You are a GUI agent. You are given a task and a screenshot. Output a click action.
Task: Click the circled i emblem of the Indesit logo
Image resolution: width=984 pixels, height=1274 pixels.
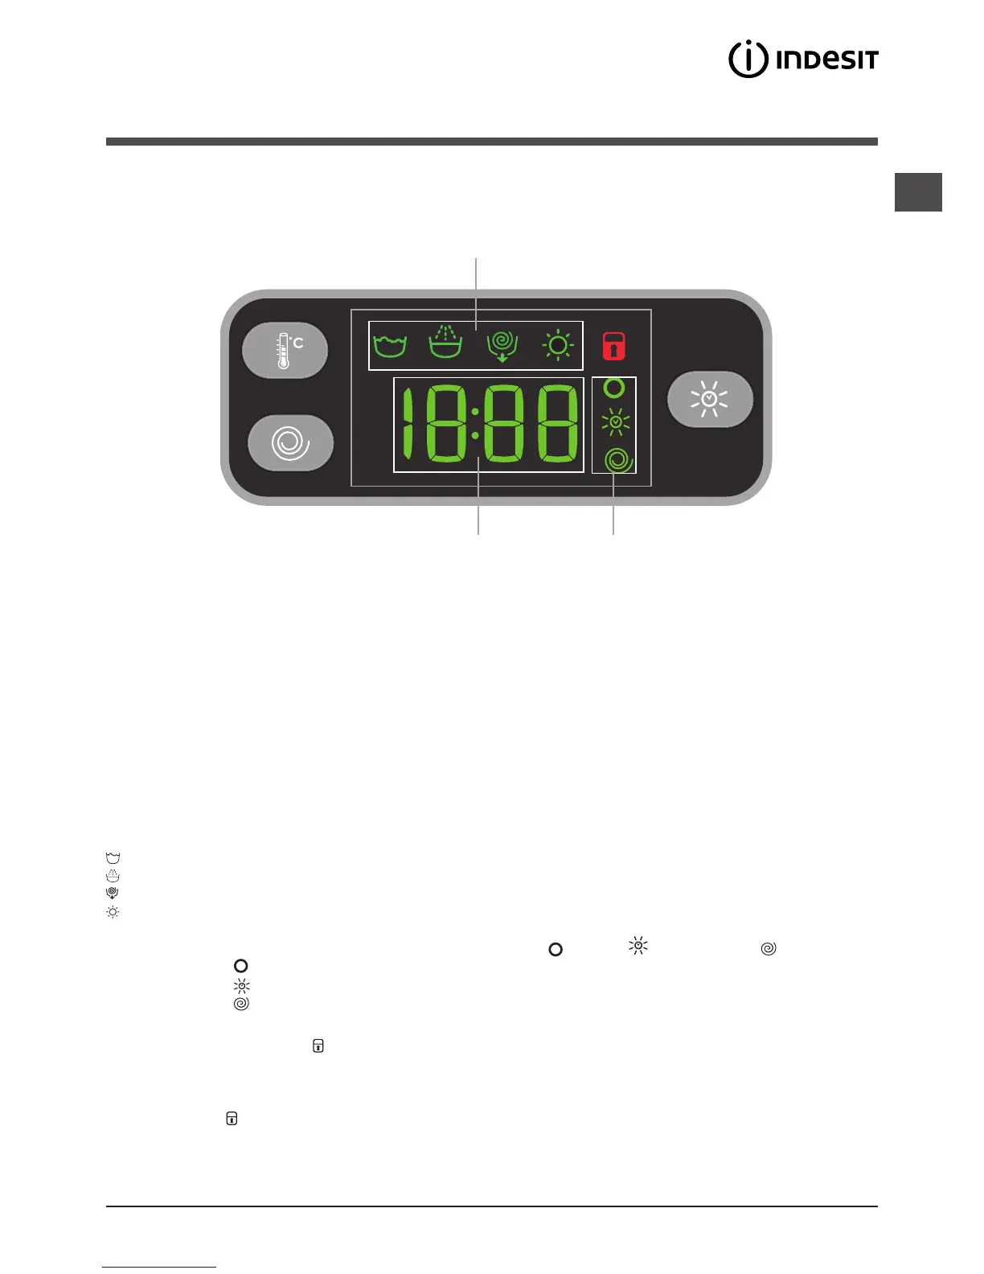coord(748,59)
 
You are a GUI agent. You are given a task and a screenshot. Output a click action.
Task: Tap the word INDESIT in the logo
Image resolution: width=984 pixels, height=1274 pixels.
coord(827,60)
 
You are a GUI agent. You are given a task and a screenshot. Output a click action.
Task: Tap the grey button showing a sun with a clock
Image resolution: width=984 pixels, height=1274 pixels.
coord(710,399)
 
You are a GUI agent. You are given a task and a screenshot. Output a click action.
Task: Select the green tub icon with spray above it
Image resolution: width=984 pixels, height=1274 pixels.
coord(445,343)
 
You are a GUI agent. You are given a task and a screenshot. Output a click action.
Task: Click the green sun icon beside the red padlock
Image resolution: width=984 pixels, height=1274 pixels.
coord(558,346)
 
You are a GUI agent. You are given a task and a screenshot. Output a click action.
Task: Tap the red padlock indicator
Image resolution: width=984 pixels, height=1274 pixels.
coord(614,346)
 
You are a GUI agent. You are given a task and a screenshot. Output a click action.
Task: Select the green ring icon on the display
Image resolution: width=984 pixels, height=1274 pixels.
coord(614,388)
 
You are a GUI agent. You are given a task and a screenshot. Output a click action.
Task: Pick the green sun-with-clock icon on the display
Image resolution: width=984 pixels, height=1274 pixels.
coord(615,421)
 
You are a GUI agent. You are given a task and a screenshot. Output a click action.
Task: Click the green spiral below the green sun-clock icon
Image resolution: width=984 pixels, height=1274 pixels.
coord(617,459)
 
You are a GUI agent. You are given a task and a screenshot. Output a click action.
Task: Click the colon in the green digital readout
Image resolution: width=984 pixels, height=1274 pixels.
coord(475,424)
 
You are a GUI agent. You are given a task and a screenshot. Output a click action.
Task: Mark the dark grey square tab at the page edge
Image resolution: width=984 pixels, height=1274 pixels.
coord(918,192)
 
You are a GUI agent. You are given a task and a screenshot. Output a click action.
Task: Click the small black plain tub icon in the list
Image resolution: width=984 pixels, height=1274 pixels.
coord(113,858)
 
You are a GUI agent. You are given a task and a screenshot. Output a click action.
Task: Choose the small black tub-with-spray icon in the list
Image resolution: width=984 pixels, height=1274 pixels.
coord(113,876)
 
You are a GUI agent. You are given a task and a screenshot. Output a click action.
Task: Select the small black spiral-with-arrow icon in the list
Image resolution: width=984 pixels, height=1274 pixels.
coord(113,893)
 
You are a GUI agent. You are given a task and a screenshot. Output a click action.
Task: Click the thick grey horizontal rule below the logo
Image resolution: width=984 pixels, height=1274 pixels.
coord(491,142)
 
